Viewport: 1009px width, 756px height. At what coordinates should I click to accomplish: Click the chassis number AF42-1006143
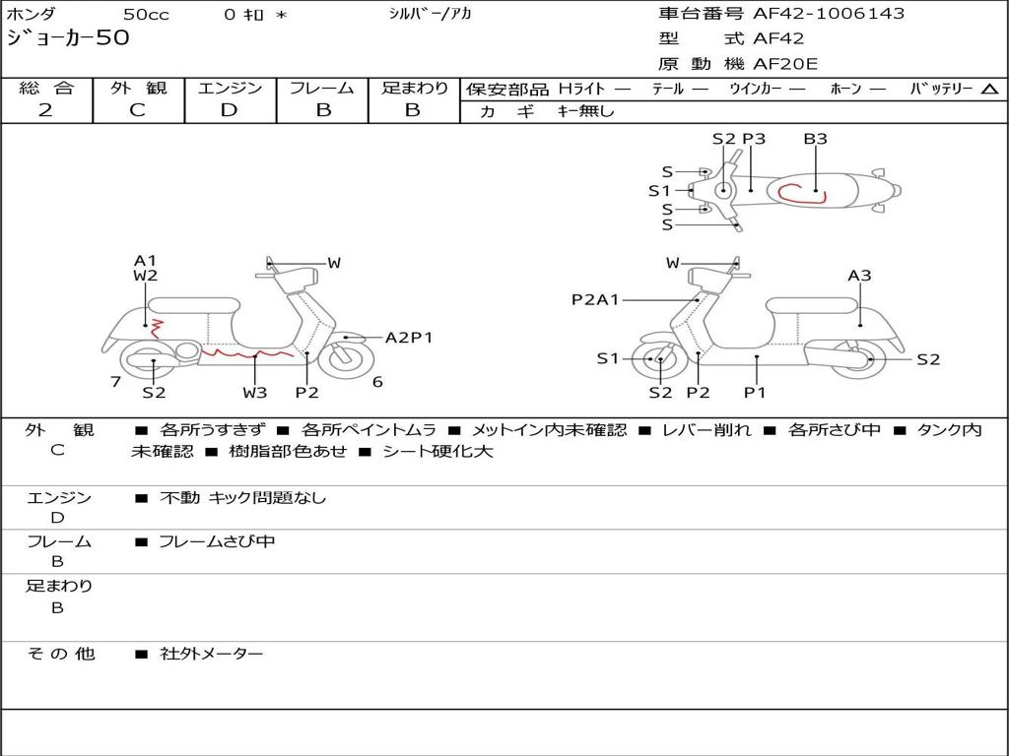click(829, 14)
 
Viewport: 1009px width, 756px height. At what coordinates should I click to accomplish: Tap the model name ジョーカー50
click(68, 37)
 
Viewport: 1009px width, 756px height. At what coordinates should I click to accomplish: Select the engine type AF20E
click(785, 64)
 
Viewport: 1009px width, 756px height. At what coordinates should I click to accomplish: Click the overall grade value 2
click(45, 110)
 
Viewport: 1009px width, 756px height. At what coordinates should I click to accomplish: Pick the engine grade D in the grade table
click(229, 110)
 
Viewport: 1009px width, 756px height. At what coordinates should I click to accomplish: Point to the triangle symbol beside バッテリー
click(990, 90)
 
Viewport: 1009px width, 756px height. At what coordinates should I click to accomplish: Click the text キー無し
click(585, 111)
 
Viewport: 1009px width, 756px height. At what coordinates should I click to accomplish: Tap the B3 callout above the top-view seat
click(815, 139)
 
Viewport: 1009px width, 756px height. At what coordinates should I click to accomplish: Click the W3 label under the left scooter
click(255, 392)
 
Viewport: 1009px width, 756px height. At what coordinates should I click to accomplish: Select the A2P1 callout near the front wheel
click(409, 338)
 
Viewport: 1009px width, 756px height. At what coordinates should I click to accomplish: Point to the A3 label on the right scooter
click(859, 276)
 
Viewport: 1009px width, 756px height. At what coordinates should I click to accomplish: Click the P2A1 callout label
click(595, 299)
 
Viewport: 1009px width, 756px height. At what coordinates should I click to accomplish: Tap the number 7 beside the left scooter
click(116, 382)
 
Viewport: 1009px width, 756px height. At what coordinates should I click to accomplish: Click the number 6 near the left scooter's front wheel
click(377, 382)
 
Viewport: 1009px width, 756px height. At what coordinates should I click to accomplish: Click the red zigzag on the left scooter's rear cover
click(156, 329)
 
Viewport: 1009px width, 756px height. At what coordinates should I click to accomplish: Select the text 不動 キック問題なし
click(242, 498)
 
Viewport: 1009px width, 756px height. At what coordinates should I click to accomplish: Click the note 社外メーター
click(212, 654)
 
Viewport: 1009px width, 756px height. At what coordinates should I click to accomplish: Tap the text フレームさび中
click(217, 542)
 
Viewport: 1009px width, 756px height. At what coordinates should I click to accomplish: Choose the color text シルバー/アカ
click(430, 14)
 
